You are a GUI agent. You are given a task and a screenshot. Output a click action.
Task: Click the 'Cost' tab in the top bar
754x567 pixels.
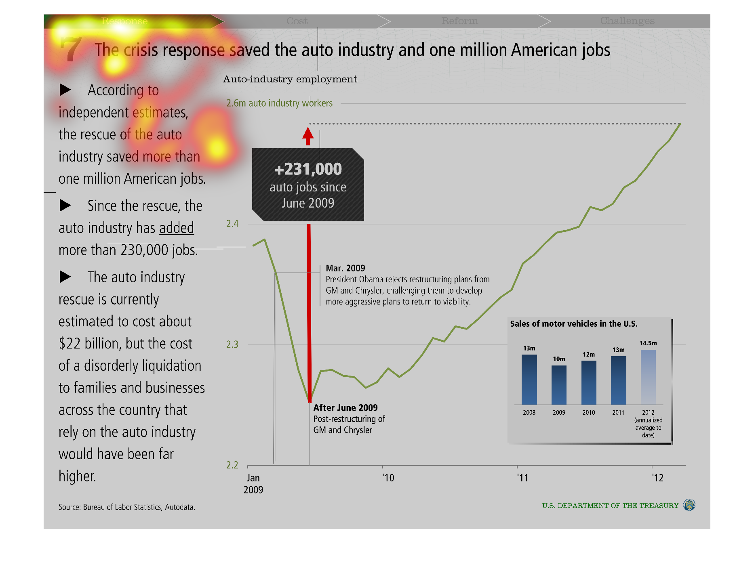297,21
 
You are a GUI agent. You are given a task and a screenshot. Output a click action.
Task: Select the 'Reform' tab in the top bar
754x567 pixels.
459,21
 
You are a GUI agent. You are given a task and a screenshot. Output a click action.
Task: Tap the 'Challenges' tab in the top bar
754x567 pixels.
627,21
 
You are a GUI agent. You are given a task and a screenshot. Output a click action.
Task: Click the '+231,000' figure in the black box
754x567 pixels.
308,169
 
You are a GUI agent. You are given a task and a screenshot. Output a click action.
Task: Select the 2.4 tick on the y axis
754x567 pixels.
232,224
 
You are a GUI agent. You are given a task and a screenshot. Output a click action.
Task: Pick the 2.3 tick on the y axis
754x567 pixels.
232,344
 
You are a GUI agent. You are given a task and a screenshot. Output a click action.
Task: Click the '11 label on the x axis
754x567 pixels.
522,478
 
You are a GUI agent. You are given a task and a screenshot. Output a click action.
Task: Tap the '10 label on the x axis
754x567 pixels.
388,478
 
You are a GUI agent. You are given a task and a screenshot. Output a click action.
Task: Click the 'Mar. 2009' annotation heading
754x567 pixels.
345,268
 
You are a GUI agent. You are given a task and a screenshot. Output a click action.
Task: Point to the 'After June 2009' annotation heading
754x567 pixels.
345,408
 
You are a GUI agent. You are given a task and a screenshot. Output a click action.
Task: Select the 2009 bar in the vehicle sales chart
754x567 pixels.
559,385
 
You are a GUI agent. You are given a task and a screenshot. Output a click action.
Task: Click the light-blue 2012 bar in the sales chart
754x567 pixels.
648,377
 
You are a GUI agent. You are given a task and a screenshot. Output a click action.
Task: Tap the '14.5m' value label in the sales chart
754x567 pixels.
648,343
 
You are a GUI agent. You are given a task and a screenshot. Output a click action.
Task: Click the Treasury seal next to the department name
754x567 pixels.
689,505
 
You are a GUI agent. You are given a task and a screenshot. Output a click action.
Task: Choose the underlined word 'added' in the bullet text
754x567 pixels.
177,228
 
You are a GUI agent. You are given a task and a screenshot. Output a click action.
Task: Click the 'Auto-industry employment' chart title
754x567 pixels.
290,79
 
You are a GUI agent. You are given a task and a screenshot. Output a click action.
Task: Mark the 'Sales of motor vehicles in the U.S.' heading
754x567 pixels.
574,324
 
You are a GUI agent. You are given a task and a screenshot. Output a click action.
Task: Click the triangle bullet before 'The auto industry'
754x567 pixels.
65,277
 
